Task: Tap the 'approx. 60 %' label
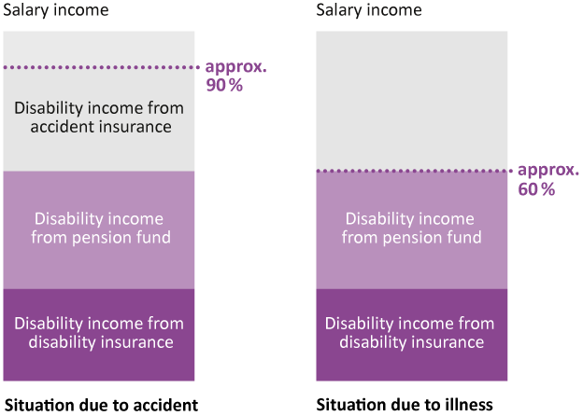[548, 179]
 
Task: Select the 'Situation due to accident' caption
[101, 405]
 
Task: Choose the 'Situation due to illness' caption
[405, 405]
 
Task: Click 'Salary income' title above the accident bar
[56, 9]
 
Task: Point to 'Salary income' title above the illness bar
[369, 9]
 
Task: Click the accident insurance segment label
[99, 118]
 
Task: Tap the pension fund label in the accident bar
[99, 228]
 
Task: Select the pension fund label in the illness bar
[411, 228]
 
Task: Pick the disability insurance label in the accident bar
[99, 333]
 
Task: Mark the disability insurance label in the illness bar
[410, 333]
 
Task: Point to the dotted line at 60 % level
[415, 171]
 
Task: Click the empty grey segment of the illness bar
[412, 101]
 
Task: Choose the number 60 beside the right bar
[528, 189]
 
